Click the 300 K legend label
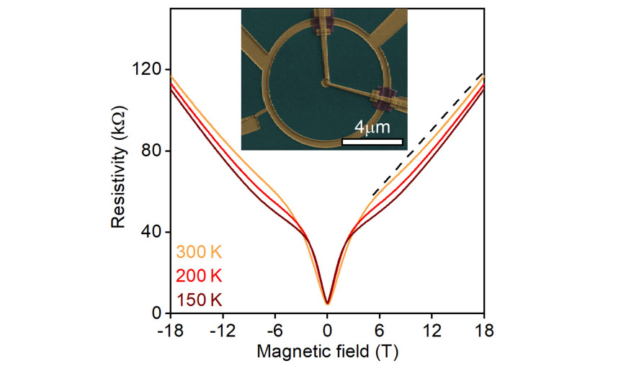point(197,254)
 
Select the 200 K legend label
point(197,277)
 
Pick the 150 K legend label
point(197,300)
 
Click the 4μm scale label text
point(372,128)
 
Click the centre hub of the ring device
point(328,84)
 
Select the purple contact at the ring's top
point(322,22)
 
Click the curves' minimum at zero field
point(328,303)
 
